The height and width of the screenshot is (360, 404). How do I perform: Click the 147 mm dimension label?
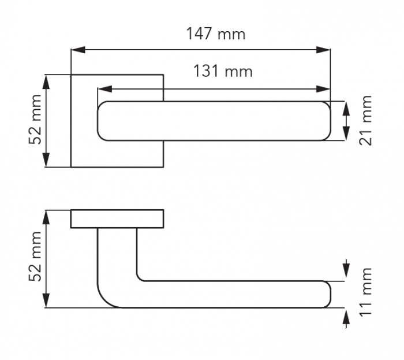pos(215,34)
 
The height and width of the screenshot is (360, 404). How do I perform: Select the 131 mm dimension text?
pos(223,71)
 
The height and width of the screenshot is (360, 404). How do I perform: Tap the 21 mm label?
pos(365,120)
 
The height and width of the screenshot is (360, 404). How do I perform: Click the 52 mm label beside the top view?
pos(35,120)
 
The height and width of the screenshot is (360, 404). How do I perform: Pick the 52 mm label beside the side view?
pos(35,257)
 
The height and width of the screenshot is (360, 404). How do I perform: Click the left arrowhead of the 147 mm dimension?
pos(78,50)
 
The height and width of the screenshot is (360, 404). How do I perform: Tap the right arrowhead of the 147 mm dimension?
pos(323,50)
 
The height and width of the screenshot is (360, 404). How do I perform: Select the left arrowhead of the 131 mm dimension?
pos(105,89)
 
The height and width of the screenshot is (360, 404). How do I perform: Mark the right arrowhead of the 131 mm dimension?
pos(323,89)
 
